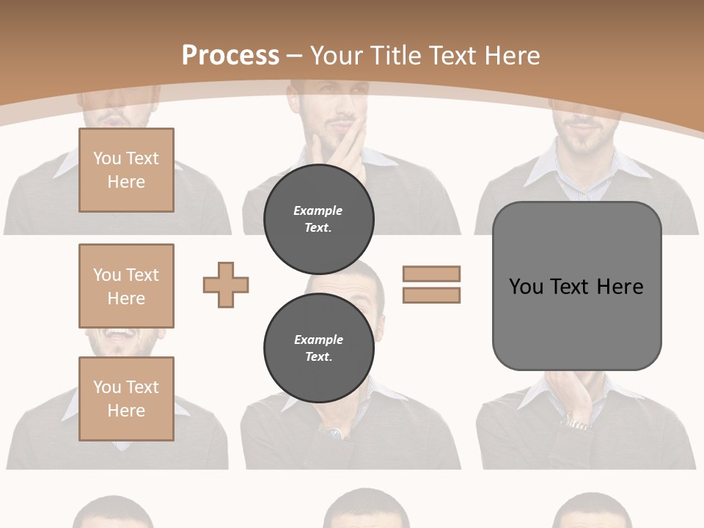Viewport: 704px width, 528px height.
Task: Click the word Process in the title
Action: (230, 55)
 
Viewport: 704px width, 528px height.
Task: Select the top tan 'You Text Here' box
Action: (126, 170)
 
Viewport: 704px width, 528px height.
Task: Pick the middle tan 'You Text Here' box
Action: (126, 286)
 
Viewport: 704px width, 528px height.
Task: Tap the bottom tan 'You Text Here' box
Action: (126, 399)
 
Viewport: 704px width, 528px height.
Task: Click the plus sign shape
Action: (226, 285)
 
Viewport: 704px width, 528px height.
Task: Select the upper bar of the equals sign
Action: (431, 274)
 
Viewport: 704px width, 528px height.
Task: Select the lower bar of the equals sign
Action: (431, 295)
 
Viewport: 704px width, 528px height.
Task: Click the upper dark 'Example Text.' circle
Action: (318, 219)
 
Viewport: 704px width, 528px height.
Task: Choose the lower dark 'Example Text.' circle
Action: (318, 348)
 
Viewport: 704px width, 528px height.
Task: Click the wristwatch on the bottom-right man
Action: (576, 423)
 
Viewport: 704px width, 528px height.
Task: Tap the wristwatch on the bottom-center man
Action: (334, 433)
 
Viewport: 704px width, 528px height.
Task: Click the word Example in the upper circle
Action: (318, 210)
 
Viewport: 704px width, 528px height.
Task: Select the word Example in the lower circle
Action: (318, 340)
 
